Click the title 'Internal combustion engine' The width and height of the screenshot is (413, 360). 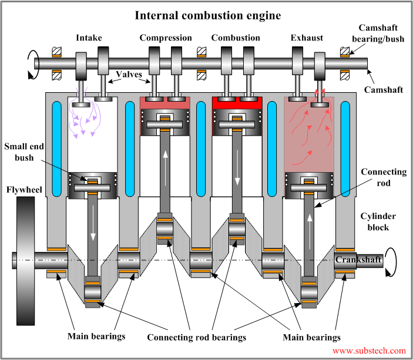[x=206, y=15]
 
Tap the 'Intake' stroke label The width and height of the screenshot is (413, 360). [x=89, y=38]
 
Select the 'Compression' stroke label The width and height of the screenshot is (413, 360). [x=166, y=38]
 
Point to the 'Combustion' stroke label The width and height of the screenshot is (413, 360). [x=236, y=38]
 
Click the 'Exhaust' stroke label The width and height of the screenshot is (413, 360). [x=307, y=38]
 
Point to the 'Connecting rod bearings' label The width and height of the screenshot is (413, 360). [x=196, y=338]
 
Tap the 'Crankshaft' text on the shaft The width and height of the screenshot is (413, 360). [x=358, y=259]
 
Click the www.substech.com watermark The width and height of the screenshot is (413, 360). [x=369, y=351]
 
